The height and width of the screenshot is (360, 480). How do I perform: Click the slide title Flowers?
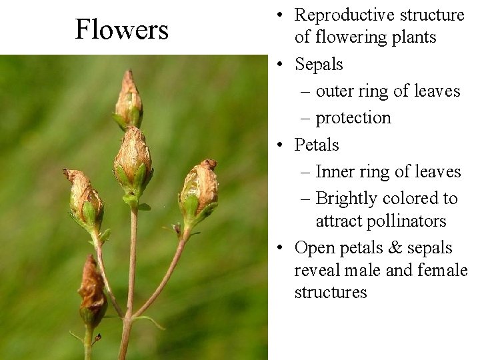[121, 29]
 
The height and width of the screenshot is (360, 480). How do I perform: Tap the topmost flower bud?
[128, 101]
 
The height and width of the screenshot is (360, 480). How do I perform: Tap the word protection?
[353, 118]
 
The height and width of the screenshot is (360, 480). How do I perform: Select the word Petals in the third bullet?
[317, 145]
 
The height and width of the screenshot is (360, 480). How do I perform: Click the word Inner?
[334, 171]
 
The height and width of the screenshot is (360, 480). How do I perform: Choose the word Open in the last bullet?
[313, 248]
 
